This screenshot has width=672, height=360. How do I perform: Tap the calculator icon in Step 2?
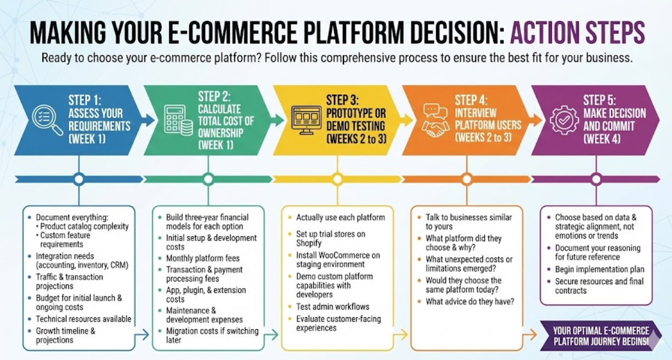(178, 121)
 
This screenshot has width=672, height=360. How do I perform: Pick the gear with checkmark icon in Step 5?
(564, 120)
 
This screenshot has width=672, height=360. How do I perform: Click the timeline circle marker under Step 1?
(79, 179)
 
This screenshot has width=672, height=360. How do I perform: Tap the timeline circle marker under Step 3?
(337, 179)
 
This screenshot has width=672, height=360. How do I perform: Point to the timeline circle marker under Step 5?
(596, 179)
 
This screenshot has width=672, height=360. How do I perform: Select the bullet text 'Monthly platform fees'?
(202, 258)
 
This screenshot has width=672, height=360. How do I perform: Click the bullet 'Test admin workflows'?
(332, 307)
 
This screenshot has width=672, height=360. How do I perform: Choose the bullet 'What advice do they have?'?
(470, 301)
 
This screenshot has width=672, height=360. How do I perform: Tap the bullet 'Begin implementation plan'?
(599, 269)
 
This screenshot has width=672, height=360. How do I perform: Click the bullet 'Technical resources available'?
(83, 319)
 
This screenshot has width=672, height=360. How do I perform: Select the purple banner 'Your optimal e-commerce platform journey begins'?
(600, 336)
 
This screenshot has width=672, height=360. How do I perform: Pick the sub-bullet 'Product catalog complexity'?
(84, 226)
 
